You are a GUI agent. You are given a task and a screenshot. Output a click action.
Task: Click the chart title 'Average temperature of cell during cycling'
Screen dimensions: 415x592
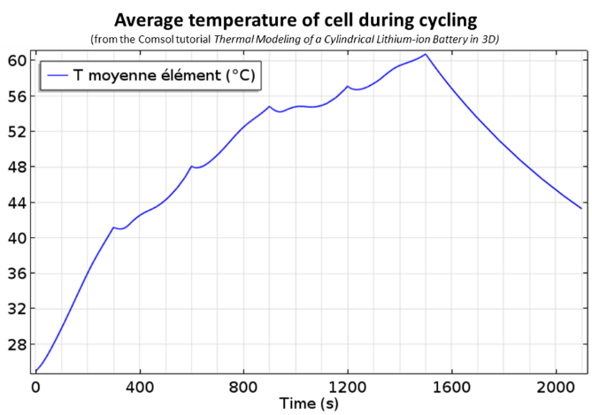(x=296, y=19)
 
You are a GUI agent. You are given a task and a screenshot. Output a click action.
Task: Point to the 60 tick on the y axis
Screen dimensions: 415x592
(x=16, y=60)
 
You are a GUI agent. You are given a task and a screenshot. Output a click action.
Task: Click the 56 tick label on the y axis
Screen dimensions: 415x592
(x=16, y=96)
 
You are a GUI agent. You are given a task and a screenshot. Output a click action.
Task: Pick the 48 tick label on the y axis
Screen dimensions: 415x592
(x=16, y=166)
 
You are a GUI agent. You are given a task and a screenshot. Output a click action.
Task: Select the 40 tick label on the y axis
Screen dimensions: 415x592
(x=16, y=238)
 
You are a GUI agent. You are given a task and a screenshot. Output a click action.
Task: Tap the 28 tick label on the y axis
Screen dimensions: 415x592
(x=16, y=344)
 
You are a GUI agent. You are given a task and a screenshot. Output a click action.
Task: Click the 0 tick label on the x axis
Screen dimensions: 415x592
(x=35, y=387)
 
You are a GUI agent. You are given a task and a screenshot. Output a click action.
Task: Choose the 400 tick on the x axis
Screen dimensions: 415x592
(x=140, y=387)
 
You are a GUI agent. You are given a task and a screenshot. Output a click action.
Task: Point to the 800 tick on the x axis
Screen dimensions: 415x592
(x=243, y=387)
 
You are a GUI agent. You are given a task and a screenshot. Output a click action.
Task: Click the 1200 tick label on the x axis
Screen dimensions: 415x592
(x=348, y=387)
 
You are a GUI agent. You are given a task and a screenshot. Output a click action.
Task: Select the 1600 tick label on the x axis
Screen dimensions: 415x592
(x=451, y=387)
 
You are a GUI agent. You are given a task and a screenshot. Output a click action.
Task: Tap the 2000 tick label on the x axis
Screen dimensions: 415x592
(x=556, y=387)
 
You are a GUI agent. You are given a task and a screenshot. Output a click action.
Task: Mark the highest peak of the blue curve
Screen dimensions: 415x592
(x=426, y=54)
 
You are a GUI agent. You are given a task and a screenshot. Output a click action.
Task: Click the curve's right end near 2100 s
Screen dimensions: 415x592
(x=581, y=209)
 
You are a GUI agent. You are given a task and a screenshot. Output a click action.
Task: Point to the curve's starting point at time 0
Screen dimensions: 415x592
(x=35, y=371)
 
